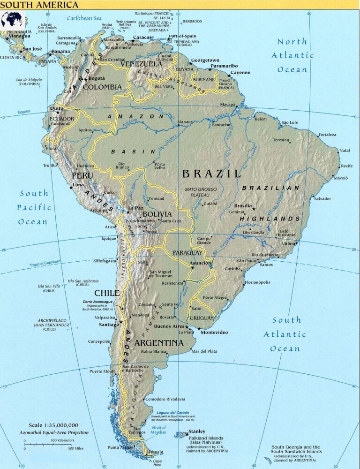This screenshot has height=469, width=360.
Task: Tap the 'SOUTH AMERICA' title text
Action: [39, 5]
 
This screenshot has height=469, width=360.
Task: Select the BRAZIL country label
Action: [211, 174]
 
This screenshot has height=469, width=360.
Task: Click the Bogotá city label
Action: [96, 78]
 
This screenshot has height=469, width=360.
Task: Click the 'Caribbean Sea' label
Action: [84, 18]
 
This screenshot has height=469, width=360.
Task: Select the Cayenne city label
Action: [240, 73]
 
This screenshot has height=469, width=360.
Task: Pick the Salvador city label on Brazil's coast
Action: [322, 198]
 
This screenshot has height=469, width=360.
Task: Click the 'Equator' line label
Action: [24, 112]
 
